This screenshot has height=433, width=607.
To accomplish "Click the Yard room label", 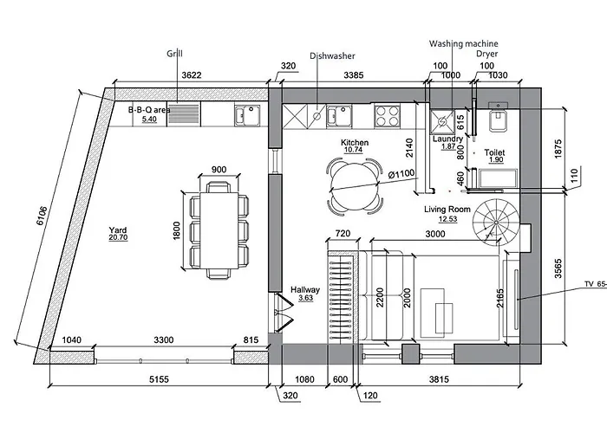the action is click(118, 230).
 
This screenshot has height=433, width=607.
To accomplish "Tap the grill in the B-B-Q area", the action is click(184, 114).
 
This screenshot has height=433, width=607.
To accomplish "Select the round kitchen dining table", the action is click(354, 186).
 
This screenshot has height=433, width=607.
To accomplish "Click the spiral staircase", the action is click(496, 223).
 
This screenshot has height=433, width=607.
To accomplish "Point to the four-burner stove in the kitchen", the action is click(387, 116).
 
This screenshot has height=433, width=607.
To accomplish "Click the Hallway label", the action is click(305, 289).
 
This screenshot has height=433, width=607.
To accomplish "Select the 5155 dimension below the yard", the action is click(159, 379).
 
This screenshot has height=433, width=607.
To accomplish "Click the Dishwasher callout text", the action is click(332, 56).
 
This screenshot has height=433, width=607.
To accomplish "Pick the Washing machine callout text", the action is click(463, 43).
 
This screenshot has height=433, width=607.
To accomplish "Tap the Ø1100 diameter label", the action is click(401, 174).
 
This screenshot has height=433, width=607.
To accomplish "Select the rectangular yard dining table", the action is click(219, 230).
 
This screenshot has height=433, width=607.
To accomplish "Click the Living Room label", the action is click(447, 210).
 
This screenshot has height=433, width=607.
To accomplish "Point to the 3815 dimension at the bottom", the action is click(439, 379).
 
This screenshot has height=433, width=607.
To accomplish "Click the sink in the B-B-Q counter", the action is click(248, 116).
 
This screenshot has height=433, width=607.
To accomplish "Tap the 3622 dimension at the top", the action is click(192, 75).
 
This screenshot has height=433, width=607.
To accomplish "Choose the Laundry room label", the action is click(448, 139).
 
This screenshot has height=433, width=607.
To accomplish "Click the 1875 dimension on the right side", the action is click(558, 148).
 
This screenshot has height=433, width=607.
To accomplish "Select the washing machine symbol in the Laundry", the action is click(442, 121).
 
